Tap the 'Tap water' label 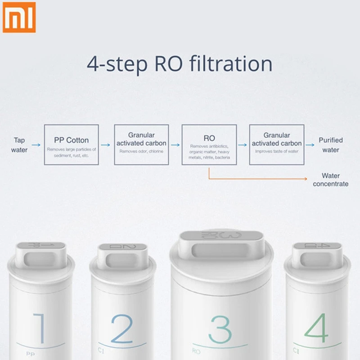19,145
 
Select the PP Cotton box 72,144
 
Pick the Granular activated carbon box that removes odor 141,144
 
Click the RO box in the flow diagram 209,144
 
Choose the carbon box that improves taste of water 277,144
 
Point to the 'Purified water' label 331,145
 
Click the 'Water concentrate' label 331,180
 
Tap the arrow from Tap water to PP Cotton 36,145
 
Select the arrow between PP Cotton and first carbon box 105,145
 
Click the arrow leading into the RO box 175,145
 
